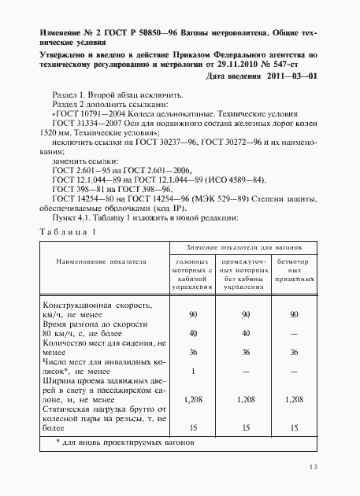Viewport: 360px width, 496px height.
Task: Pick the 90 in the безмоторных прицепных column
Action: pyautogui.click(x=295, y=314)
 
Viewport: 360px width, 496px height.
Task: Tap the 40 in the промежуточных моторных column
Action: pyautogui.click(x=245, y=332)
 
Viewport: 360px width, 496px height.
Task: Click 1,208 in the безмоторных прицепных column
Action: pyautogui.click(x=295, y=400)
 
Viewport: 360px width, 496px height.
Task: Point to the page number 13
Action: pyautogui.click(x=313, y=468)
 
